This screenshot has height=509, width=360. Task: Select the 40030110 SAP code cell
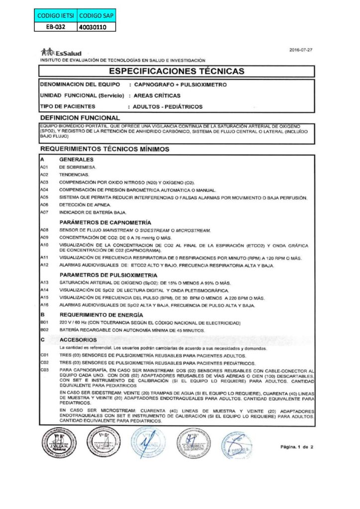pos(96,27)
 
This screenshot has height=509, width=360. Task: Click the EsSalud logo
pos(61,53)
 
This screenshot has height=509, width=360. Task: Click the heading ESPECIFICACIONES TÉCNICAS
pos(177,71)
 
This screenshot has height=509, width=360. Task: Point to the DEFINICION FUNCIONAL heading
pos(80,118)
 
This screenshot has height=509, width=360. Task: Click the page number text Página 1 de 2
pos(296,447)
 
